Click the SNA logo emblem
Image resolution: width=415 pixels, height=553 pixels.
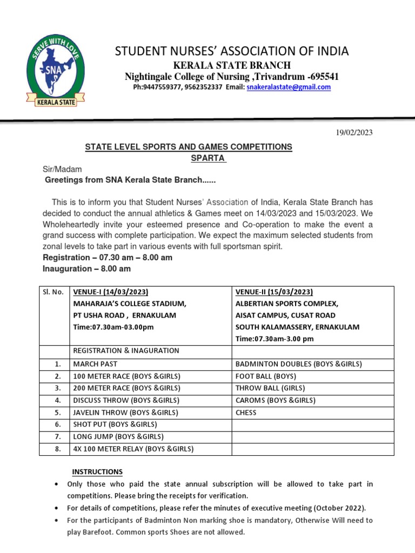(x=53, y=69)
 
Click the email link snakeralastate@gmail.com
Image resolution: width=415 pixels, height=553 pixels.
(x=289, y=87)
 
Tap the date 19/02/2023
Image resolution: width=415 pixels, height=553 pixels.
(x=354, y=132)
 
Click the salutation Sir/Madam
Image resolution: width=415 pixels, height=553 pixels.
(x=62, y=169)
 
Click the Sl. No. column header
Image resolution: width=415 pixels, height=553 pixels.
(x=53, y=292)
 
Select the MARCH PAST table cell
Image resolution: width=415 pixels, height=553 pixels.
(x=95, y=364)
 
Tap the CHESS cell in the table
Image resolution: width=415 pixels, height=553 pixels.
(x=246, y=413)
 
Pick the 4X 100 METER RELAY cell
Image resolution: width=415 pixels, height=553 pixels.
(x=133, y=449)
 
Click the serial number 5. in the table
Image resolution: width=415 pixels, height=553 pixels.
(x=57, y=413)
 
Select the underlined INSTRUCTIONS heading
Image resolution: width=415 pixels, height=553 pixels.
(x=98, y=471)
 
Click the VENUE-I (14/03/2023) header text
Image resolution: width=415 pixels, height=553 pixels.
(x=111, y=292)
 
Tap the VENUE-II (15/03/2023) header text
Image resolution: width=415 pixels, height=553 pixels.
(x=274, y=292)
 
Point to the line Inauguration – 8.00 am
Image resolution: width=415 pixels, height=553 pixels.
(x=86, y=268)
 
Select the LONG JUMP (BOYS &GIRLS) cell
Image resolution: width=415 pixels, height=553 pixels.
(x=118, y=437)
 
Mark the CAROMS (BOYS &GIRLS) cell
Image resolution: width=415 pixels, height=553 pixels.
(x=275, y=400)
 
